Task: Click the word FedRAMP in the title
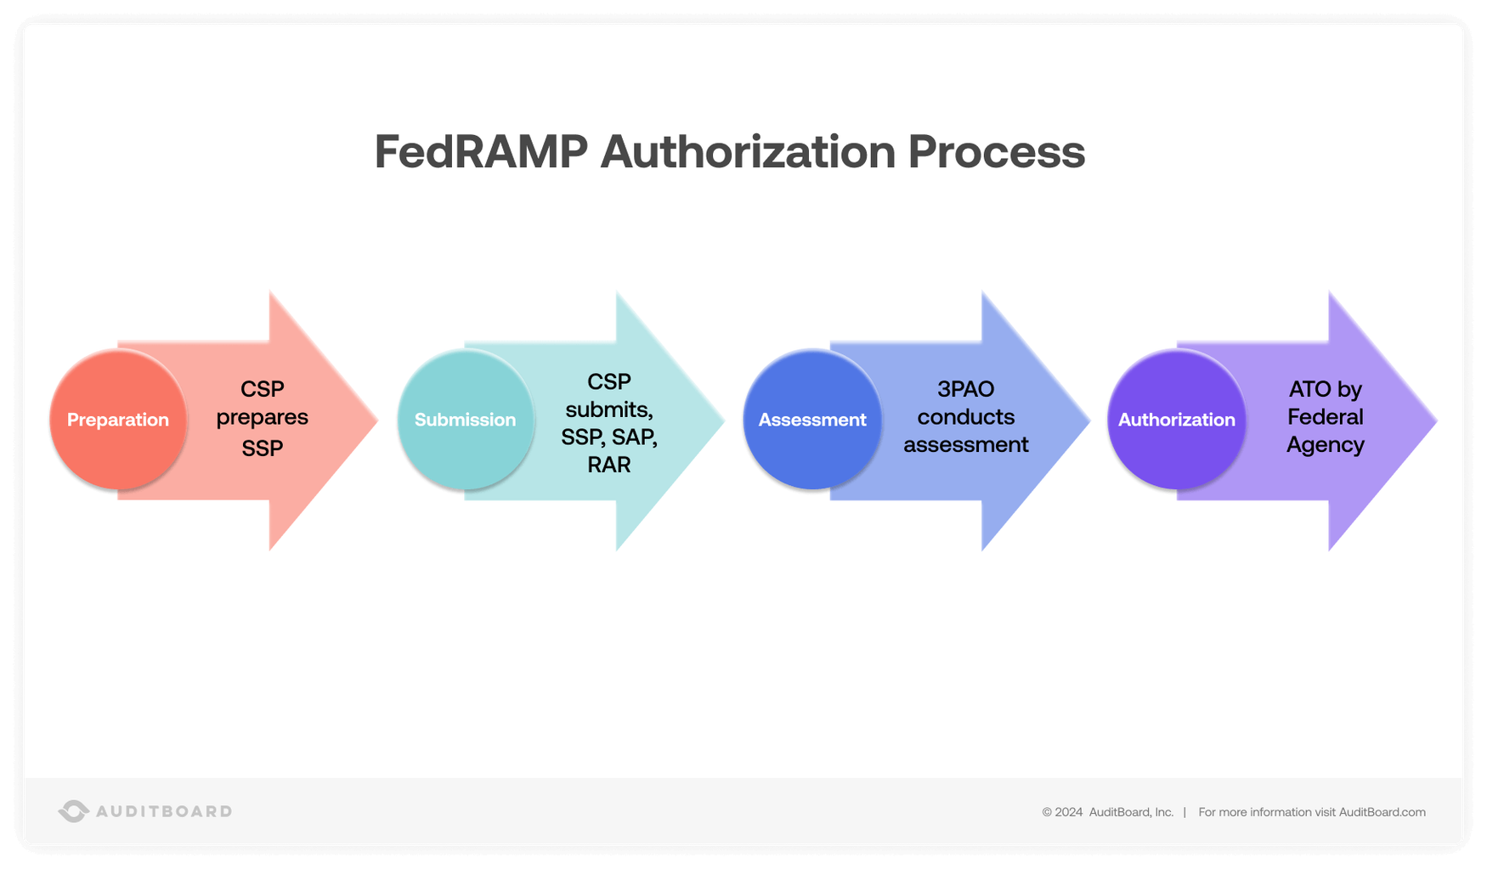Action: [x=481, y=152]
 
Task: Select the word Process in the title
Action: [x=996, y=152]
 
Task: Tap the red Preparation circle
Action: [x=118, y=420]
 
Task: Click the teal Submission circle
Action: [x=465, y=420]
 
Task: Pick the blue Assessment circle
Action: [x=812, y=420]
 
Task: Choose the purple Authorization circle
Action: [x=1176, y=420]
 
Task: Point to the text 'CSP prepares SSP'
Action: [x=262, y=417]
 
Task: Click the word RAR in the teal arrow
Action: [x=609, y=465]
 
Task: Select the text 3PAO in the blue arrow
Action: [x=965, y=389]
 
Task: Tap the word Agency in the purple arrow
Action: [x=1325, y=445]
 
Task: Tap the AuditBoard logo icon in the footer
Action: [x=73, y=811]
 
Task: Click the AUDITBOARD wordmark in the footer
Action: [x=164, y=811]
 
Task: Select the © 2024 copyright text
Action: [x=1062, y=812]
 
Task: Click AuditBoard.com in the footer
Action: [x=1382, y=812]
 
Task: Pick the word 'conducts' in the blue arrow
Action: [x=965, y=417]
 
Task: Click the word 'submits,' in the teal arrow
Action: [x=609, y=409]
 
